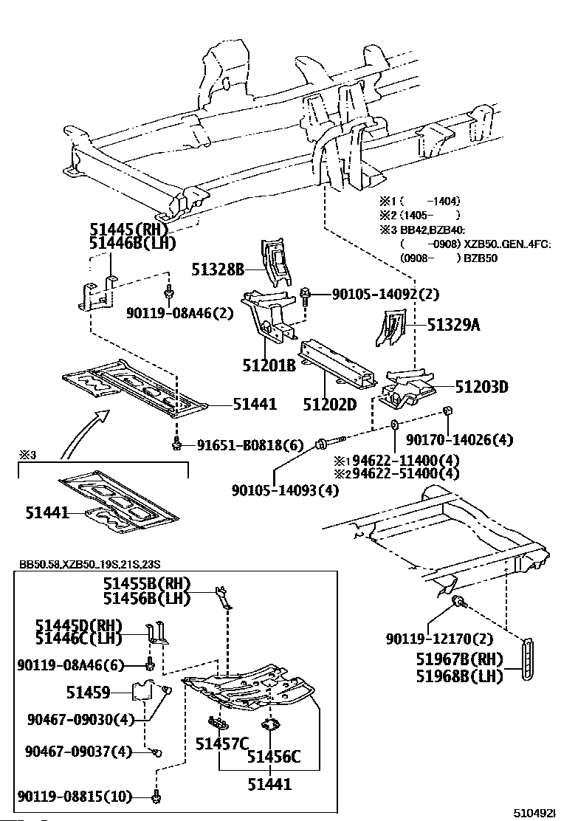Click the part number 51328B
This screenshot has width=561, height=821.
(218, 269)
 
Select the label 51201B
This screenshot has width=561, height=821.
(269, 365)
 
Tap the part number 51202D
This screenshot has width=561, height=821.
(329, 404)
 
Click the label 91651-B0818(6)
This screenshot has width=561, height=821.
(250, 445)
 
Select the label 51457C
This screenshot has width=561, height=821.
(220, 743)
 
